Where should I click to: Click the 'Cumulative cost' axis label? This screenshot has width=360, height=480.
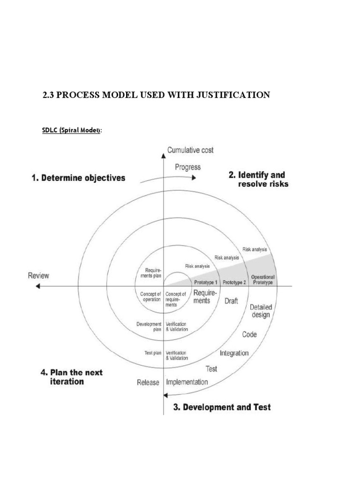click(x=190, y=150)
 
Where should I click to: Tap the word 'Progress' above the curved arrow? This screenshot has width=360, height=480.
click(x=187, y=167)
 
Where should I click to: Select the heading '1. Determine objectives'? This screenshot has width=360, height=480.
click(x=78, y=178)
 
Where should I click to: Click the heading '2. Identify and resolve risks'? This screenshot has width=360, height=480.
click(x=258, y=179)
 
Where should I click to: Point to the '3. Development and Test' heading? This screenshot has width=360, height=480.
click(x=222, y=407)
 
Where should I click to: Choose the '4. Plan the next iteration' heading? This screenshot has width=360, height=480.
click(x=71, y=377)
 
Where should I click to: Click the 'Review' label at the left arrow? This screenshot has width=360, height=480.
click(x=38, y=276)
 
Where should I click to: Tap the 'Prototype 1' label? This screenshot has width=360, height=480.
click(x=206, y=283)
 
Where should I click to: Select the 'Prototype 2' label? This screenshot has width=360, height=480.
click(x=234, y=283)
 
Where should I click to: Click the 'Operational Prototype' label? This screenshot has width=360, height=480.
click(x=262, y=280)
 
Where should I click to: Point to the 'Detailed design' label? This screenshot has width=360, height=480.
click(x=260, y=311)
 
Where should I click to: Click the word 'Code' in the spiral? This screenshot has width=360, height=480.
click(x=249, y=335)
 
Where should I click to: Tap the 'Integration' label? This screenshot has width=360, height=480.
click(x=234, y=353)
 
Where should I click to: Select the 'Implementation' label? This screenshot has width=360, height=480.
click(x=187, y=382)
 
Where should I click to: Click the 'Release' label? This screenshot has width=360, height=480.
click(x=148, y=382)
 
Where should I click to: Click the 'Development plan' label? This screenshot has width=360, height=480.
click(x=149, y=327)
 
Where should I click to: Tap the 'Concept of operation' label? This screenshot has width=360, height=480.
click(x=151, y=297)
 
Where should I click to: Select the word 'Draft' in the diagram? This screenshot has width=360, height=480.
click(x=232, y=301)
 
